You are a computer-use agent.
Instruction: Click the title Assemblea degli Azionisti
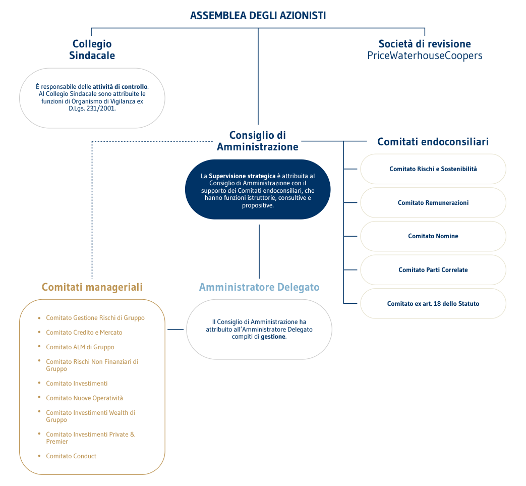[258, 16]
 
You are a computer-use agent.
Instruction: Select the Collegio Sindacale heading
[92, 49]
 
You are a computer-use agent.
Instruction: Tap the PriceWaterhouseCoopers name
[425, 56]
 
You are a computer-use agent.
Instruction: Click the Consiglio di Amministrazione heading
[257, 141]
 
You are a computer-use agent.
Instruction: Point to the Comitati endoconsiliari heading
[433, 141]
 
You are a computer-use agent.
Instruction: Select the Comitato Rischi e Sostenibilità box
[433, 169]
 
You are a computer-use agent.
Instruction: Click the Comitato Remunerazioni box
[433, 203]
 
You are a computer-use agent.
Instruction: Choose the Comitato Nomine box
[433, 236]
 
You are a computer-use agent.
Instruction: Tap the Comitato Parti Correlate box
[433, 270]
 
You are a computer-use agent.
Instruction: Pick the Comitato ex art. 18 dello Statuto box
[433, 304]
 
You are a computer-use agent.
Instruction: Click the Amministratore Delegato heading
[259, 287]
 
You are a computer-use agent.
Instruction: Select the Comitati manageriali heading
[92, 287]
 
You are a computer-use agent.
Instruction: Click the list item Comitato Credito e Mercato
[84, 333]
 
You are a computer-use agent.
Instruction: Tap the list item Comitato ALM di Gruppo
[80, 347]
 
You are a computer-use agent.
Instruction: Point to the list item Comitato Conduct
[71, 456]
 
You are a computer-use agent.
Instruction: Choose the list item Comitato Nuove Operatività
[84, 398]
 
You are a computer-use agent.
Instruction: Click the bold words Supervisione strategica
[242, 176]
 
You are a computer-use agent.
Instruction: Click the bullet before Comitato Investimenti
[39, 384]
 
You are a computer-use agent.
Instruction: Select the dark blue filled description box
[258, 190]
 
